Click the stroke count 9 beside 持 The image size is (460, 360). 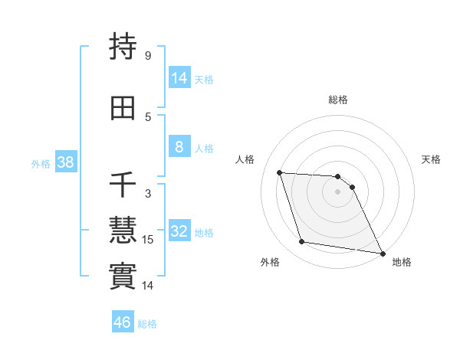coord(148,56)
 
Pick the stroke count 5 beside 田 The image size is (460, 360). coord(148,116)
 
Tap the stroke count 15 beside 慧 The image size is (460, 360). coord(149,240)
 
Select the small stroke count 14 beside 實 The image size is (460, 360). coord(149,286)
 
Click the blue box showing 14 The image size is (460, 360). coord(179,77)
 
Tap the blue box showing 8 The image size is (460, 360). coord(179,147)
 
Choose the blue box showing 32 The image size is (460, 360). coord(179,231)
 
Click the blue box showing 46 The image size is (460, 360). coord(123,322)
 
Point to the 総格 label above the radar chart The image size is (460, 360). coord(337,100)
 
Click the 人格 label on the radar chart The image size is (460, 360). coord(245,159)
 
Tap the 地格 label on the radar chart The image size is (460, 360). coord(402,262)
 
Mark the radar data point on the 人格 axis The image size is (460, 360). coord(279,172)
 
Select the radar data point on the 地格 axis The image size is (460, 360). coord(382,253)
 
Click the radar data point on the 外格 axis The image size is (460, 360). coord(302,242)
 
